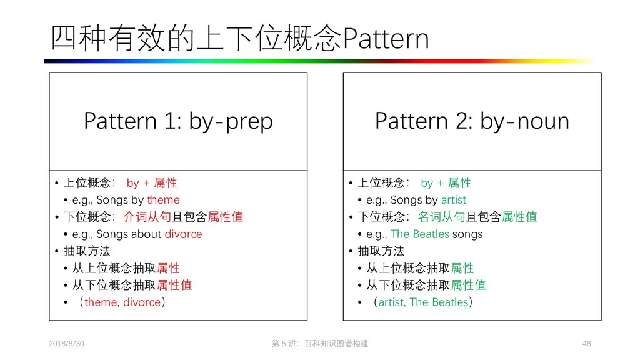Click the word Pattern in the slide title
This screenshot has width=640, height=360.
tap(387, 40)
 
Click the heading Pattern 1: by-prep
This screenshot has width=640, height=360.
tap(178, 121)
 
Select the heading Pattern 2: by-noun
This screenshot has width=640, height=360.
tap(472, 121)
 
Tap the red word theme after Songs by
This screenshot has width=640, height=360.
tap(163, 200)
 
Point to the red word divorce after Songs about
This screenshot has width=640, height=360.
tap(183, 234)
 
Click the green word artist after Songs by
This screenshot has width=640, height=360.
tap(454, 200)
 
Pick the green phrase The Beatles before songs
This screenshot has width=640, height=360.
tap(420, 234)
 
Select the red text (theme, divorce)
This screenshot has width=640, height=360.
tap(122, 302)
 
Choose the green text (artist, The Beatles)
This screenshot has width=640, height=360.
tap(423, 302)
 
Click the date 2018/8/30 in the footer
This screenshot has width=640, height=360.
tap(67, 344)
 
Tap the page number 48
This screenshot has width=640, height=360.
tap(586, 344)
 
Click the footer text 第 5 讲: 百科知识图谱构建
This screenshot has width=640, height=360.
tap(320, 344)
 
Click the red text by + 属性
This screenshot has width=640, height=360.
tap(151, 183)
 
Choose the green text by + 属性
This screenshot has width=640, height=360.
tap(446, 183)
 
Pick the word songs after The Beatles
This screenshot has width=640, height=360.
tap(467, 234)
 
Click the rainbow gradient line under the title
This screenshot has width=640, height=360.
tap(320, 61)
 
